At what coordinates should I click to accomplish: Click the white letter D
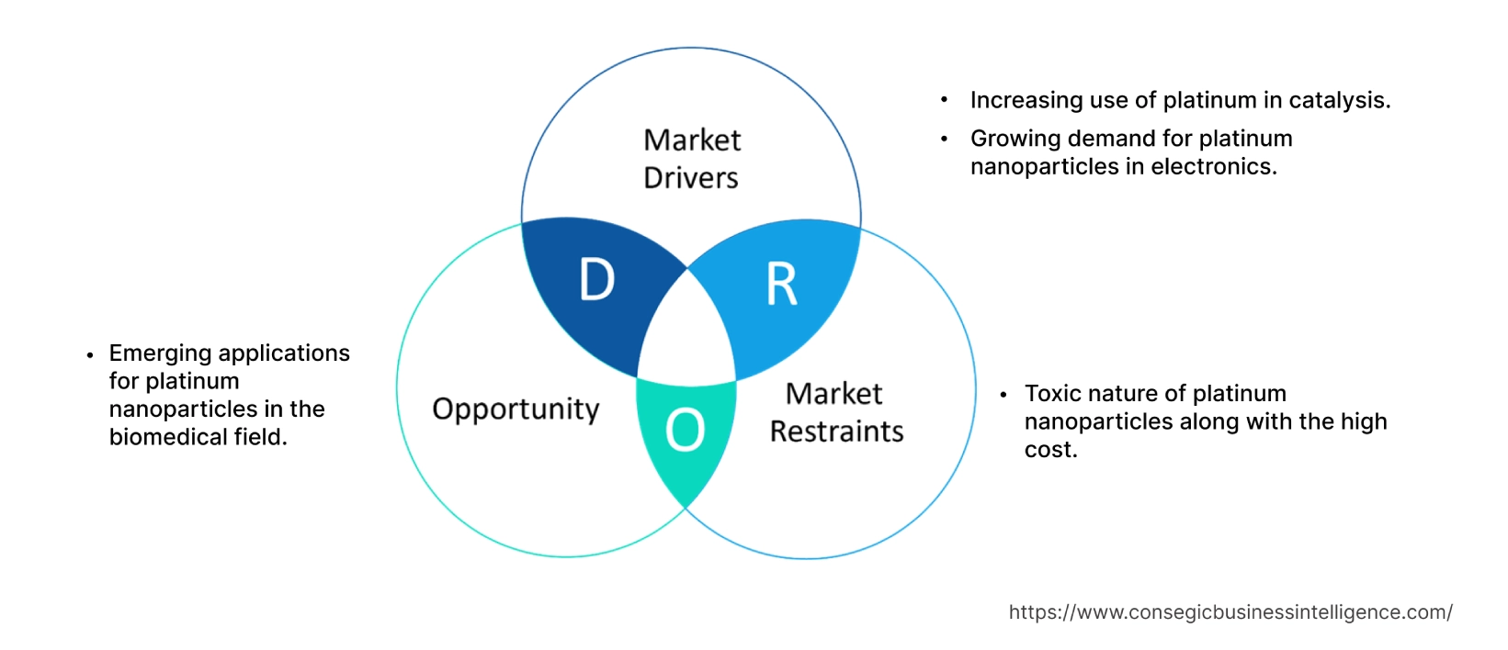point(596,279)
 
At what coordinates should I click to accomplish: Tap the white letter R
point(782,285)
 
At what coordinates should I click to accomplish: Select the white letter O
point(685,430)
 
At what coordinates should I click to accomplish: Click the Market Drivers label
point(691,159)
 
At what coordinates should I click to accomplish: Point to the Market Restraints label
point(836,412)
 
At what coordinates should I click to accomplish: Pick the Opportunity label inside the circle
point(516,409)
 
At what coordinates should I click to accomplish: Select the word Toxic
point(1052,394)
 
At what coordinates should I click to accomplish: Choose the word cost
point(1049,450)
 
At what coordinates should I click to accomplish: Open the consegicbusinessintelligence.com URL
point(1230,612)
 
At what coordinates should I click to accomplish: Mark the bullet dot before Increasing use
point(944,100)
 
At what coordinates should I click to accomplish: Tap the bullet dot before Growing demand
point(944,139)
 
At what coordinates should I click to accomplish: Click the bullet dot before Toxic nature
point(1003,395)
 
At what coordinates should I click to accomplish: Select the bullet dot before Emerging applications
point(89,354)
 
